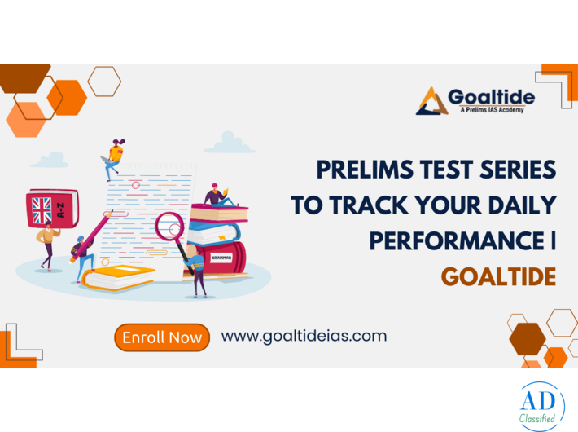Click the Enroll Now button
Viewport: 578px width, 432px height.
pos(161,337)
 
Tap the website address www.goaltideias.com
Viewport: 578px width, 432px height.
pos(304,335)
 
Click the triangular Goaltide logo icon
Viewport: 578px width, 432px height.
pos(432,101)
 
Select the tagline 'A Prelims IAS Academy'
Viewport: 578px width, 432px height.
pos(492,109)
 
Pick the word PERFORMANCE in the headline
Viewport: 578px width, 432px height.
pos(454,240)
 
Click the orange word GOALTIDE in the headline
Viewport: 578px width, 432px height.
pos(498,276)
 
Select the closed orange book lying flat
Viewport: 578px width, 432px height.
pos(118,277)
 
